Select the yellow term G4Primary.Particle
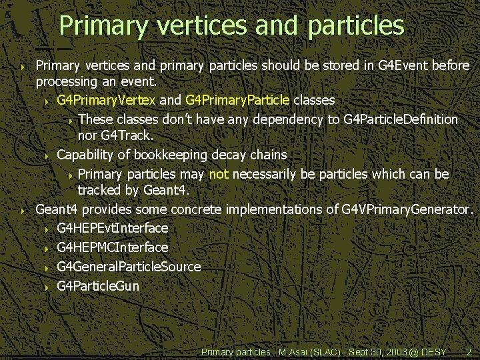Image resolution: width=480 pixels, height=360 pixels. (237, 100)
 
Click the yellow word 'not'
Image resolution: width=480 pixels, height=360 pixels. (219, 174)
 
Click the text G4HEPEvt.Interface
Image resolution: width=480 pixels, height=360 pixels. (112, 228)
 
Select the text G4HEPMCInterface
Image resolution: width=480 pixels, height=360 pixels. (112, 247)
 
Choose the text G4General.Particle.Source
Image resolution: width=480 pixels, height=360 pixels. (129, 267)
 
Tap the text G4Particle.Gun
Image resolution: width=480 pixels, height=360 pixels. (98, 287)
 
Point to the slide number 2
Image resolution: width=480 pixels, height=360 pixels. (469, 351)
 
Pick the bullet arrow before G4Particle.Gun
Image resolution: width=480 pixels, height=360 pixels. (47, 287)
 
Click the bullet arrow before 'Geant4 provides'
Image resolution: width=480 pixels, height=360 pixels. (23, 211)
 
